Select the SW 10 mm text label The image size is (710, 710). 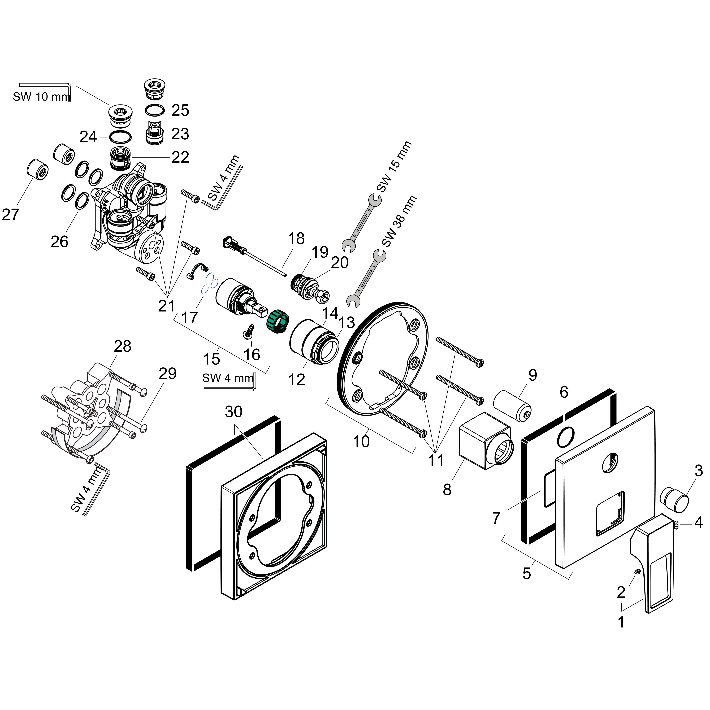(41, 97)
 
